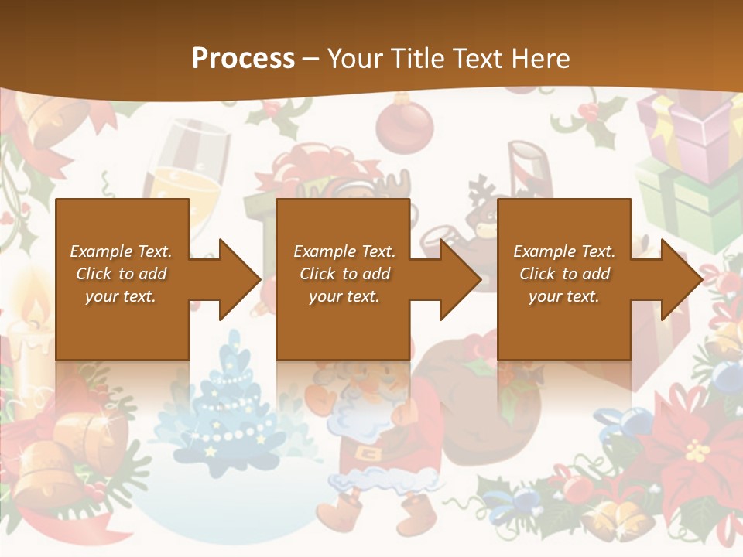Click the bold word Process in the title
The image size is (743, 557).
pos(243,58)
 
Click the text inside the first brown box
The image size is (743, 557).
pos(122,274)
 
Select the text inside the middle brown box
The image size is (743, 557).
pos(344,274)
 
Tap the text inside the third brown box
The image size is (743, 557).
pos(564,274)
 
